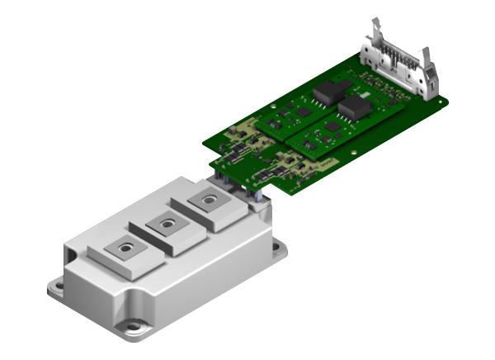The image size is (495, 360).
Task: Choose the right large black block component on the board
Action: point(356,107)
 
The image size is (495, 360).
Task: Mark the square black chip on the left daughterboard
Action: point(303,111)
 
